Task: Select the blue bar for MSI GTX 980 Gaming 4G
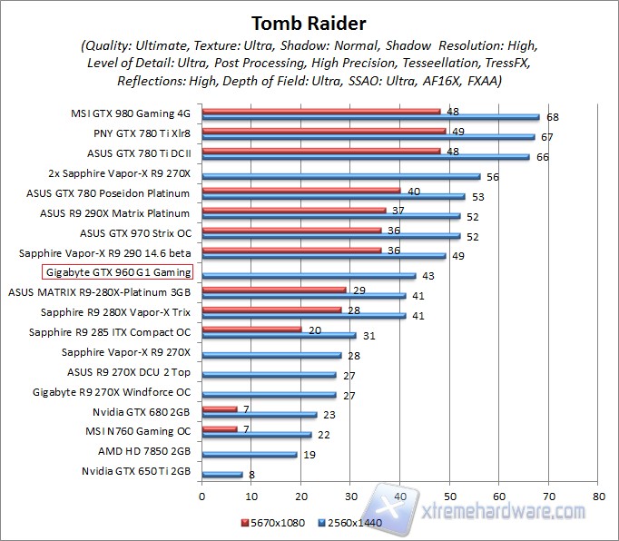pyautogui.click(x=370, y=117)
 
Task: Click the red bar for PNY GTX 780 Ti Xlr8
pyautogui.click(x=323, y=131)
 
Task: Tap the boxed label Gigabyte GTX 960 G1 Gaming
pyautogui.click(x=117, y=272)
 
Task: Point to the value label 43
pyautogui.click(x=427, y=276)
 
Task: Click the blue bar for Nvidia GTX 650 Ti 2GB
pyautogui.click(x=221, y=473)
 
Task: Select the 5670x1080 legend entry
pyautogui.click(x=274, y=523)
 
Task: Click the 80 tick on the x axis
pyautogui.click(x=597, y=497)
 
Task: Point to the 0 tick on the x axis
pyautogui.click(x=201, y=497)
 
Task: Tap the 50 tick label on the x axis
pyautogui.click(x=449, y=497)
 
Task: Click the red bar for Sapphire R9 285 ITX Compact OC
pyautogui.click(x=251, y=329)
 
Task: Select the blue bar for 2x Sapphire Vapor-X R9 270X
pyautogui.click(x=340, y=176)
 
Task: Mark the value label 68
pyautogui.click(x=552, y=117)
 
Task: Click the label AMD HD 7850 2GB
pyautogui.click(x=144, y=450)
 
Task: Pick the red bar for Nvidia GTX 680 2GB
pyautogui.click(x=219, y=408)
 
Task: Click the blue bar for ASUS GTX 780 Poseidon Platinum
pyautogui.click(x=333, y=196)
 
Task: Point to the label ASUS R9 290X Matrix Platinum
pyautogui.click(x=115, y=213)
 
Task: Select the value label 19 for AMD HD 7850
pyautogui.click(x=309, y=455)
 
